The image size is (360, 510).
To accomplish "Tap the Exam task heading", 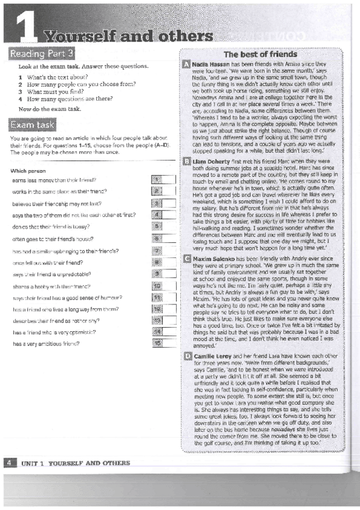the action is pyautogui.click(x=32, y=124).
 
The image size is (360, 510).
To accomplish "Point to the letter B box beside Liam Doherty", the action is pyautogui.click(x=186, y=162).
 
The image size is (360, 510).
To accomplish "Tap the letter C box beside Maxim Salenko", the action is pyautogui.click(x=186, y=259).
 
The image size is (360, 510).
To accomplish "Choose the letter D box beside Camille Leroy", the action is pyautogui.click(x=186, y=357).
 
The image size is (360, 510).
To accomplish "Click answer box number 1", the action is pyautogui.click(x=156, y=179).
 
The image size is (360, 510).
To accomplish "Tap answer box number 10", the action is pyautogui.click(x=157, y=286).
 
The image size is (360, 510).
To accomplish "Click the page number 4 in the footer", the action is pyautogui.click(x=9, y=479).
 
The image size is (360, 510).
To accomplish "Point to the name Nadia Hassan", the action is pyautogui.click(x=213, y=64).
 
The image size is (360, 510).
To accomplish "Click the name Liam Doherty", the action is pyautogui.click(x=213, y=162).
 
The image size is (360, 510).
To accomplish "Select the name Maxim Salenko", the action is pyautogui.click(x=215, y=259).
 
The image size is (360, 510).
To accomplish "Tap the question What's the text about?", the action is pyautogui.click(x=56, y=78).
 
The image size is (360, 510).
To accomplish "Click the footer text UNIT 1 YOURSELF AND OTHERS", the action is pyautogui.click(x=75, y=480).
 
